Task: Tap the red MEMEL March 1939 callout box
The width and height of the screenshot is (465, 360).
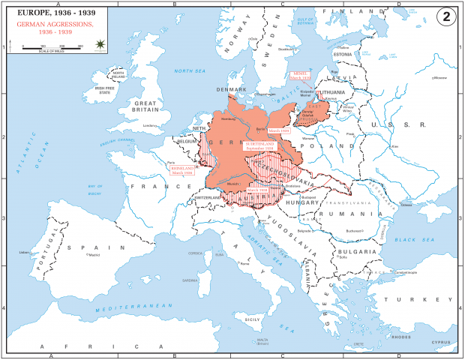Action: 301,75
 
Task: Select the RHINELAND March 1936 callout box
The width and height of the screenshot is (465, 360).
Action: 182,170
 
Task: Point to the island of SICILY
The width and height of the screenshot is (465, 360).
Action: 252,319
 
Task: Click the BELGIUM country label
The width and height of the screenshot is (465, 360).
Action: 186,140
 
